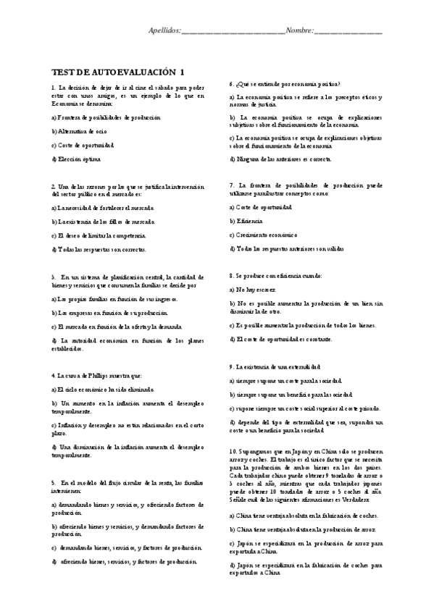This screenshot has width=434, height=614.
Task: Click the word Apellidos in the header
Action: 164,31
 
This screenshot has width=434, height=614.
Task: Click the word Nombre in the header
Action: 299,31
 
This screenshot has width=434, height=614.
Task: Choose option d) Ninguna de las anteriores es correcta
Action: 280,159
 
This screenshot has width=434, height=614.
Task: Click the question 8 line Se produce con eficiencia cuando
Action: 275,276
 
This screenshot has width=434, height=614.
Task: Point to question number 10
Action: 233,450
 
